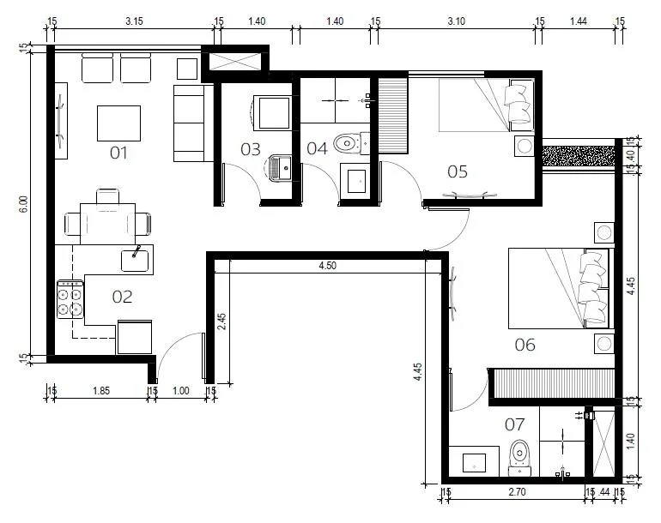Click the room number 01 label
[x=118, y=153]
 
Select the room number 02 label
[x=122, y=298]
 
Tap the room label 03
[x=251, y=149]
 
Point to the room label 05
[x=458, y=171]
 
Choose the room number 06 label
[x=525, y=346]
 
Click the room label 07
[x=515, y=425]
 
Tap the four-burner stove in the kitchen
[x=70, y=299]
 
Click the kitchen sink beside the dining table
[x=135, y=261]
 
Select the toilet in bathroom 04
[x=351, y=143]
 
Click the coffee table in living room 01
[x=118, y=123]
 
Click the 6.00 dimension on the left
[x=24, y=204]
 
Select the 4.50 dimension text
[x=328, y=266]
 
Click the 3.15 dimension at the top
[x=134, y=21]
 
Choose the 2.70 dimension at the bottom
[x=517, y=492]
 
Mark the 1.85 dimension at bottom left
[x=101, y=391]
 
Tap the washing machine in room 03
[x=273, y=113]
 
